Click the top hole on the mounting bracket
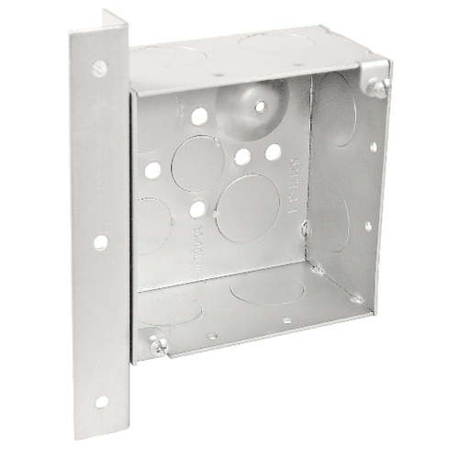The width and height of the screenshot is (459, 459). point(99,67)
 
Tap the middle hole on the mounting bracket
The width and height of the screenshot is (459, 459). point(100,242)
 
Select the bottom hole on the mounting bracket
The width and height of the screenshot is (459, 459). point(100,401)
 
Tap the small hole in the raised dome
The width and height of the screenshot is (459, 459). point(260,106)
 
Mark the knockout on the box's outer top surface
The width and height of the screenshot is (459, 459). point(275,42)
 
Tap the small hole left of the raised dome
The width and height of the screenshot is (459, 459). point(198,117)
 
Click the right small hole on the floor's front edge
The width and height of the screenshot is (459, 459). point(286,321)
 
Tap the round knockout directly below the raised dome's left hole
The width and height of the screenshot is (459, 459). point(197,163)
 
